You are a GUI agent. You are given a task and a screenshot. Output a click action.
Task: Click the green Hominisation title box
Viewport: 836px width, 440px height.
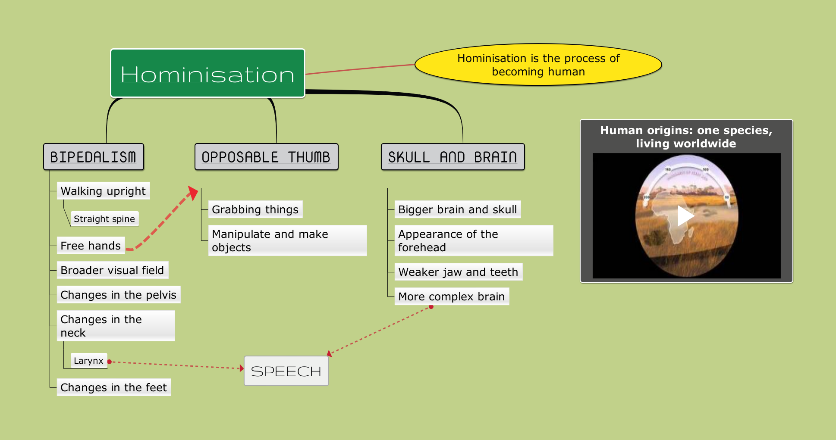click(x=207, y=73)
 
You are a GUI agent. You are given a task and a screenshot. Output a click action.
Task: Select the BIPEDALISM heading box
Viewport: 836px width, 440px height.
click(x=94, y=157)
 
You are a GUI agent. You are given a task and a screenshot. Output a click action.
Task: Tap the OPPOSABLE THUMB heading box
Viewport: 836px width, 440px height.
click(x=266, y=157)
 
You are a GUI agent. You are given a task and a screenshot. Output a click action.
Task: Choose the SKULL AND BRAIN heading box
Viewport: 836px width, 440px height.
click(x=453, y=157)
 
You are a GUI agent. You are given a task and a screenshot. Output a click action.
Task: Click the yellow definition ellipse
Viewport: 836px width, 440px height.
click(x=538, y=65)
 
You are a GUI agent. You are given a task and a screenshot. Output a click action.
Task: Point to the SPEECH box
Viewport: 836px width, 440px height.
click(x=286, y=371)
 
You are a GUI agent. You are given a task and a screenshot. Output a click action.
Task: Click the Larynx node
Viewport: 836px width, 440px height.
click(x=88, y=361)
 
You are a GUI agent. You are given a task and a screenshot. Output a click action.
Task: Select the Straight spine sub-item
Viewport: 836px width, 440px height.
click(x=104, y=219)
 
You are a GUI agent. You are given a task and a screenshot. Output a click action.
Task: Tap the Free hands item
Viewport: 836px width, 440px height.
click(x=91, y=246)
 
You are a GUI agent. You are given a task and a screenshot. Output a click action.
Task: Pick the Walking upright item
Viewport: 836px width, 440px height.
click(x=104, y=191)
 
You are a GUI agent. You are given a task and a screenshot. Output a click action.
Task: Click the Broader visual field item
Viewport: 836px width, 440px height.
click(x=113, y=270)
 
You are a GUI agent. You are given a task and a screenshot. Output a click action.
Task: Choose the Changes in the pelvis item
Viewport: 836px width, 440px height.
click(x=119, y=295)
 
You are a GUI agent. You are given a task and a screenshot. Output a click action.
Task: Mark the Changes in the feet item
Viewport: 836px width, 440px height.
click(x=114, y=387)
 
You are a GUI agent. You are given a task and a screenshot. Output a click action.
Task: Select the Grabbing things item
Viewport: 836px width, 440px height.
click(x=255, y=209)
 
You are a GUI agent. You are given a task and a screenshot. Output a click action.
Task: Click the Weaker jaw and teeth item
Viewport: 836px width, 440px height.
click(x=459, y=272)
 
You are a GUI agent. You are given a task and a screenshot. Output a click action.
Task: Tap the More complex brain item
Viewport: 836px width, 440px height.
click(x=452, y=296)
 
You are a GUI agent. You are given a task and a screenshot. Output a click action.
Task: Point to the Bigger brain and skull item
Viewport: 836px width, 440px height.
click(x=458, y=209)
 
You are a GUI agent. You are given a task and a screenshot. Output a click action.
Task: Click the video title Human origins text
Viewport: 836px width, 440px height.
click(x=686, y=137)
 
